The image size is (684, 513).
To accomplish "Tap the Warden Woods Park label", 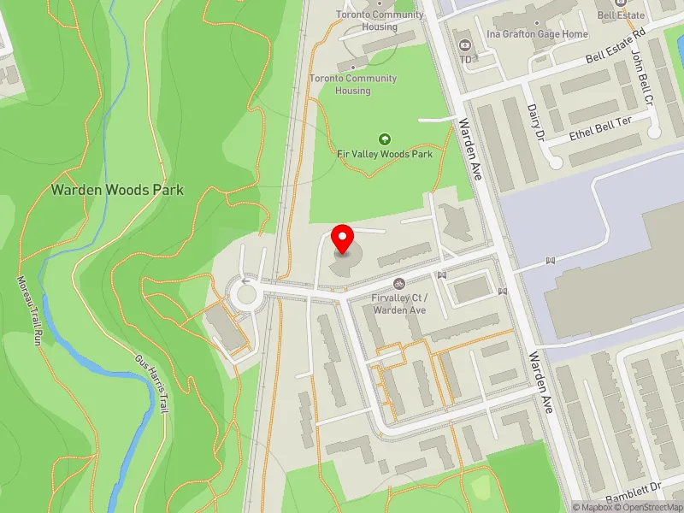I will tap(117, 190).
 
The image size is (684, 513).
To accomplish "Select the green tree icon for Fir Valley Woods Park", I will tap(384, 139).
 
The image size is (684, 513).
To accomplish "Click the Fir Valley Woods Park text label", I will tap(384, 154).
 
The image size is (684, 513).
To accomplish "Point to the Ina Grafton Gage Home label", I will tap(537, 34).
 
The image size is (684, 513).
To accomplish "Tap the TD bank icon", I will tap(466, 44).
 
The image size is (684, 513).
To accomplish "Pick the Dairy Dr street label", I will tap(535, 124).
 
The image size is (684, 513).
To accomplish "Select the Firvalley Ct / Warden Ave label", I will tap(398, 304).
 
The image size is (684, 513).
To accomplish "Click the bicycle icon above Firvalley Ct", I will tap(398, 284).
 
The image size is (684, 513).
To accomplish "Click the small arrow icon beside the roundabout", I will tap(247, 280).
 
